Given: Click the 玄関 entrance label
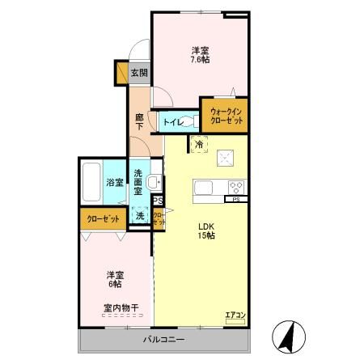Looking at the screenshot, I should pyautogui.click(x=139, y=73).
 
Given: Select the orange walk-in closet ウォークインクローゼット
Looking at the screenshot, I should pyautogui.click(x=223, y=114).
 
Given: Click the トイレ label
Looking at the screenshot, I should pyautogui.click(x=171, y=122).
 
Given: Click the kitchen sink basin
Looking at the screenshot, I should pyautogui.click(x=203, y=188).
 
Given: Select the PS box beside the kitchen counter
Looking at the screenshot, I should pyautogui.click(x=236, y=199).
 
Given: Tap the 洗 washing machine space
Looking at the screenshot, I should pyautogui.click(x=140, y=216).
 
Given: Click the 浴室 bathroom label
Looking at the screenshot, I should pyautogui.click(x=114, y=183).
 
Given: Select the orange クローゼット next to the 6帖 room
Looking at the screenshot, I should pyautogui.click(x=102, y=218).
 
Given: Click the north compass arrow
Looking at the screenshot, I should pyautogui.click(x=287, y=336).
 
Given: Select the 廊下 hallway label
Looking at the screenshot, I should pyautogui.click(x=139, y=121).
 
